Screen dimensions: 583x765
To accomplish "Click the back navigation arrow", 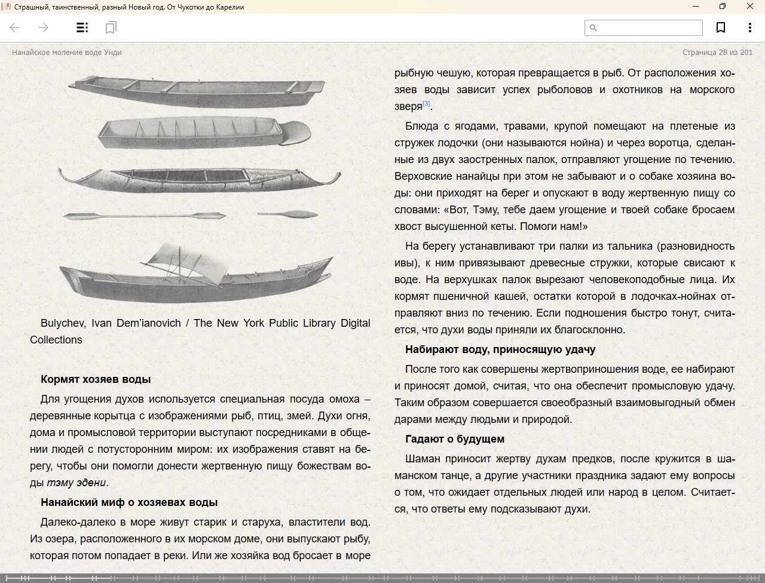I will coord(15,27).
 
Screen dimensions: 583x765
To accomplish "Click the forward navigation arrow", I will coord(44,27).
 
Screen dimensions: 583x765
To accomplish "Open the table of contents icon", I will coord(82,27).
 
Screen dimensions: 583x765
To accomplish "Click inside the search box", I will coord(649,27).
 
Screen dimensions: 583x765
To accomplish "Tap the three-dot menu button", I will coord(749,27).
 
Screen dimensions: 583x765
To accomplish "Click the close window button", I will coord(750,7).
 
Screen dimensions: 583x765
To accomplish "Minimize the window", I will coord(696,7).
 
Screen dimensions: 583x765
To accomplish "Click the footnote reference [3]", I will coord(426,104).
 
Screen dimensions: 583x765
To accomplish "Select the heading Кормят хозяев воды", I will coord(96,379).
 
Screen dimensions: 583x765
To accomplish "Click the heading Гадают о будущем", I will coord(455,439).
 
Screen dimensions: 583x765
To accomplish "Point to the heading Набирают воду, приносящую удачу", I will coord(500,349).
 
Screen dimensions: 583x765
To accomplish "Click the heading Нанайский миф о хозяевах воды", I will coord(129,502).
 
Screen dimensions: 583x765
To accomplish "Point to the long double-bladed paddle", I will coord(136,215).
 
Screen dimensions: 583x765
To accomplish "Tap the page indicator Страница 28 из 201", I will coord(717,53).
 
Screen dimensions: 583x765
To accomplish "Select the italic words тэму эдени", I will coord(76,483).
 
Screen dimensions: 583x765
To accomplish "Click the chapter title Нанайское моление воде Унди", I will coord(67,53).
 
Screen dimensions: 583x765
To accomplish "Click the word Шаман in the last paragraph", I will coord(425,459).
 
